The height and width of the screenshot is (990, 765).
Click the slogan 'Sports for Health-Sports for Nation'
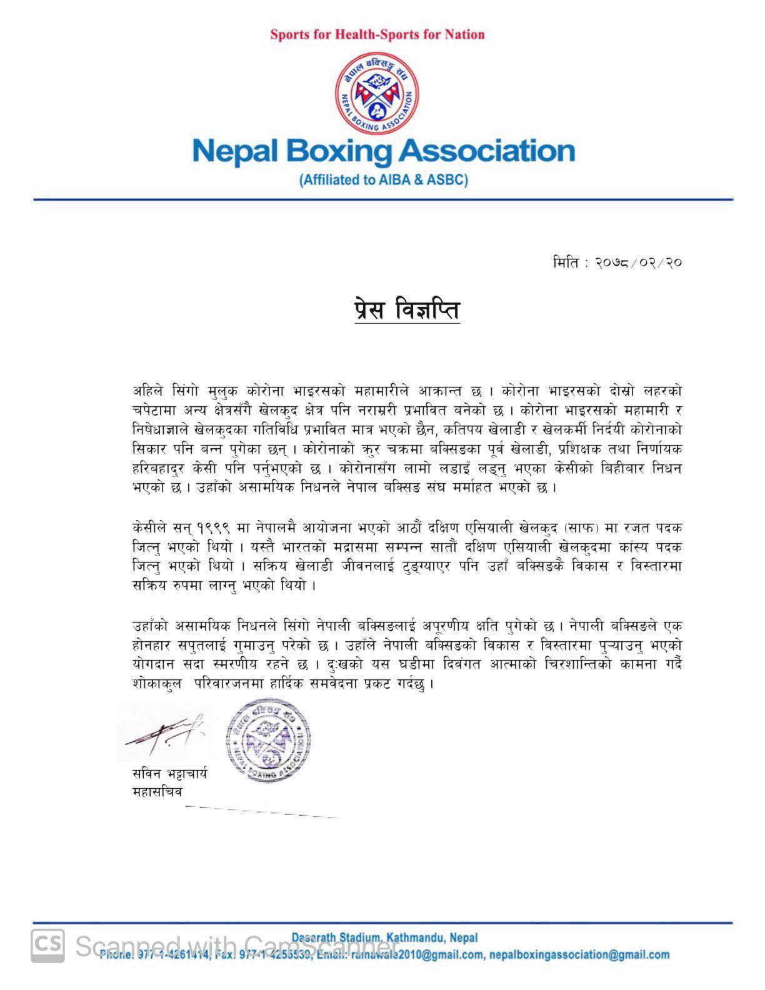pyautogui.click(x=377, y=34)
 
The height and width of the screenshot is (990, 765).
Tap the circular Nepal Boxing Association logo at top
pyautogui.click(x=377, y=94)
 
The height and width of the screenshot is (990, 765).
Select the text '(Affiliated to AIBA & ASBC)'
pyautogui.click(x=383, y=180)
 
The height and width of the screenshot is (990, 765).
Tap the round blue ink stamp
pyautogui.click(x=267, y=741)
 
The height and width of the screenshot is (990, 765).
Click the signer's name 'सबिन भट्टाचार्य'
pyautogui.click(x=169, y=774)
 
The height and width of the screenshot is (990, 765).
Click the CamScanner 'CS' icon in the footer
pyautogui.click(x=48, y=944)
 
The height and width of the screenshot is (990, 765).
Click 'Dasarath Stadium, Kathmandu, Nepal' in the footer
pyautogui.click(x=384, y=937)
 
